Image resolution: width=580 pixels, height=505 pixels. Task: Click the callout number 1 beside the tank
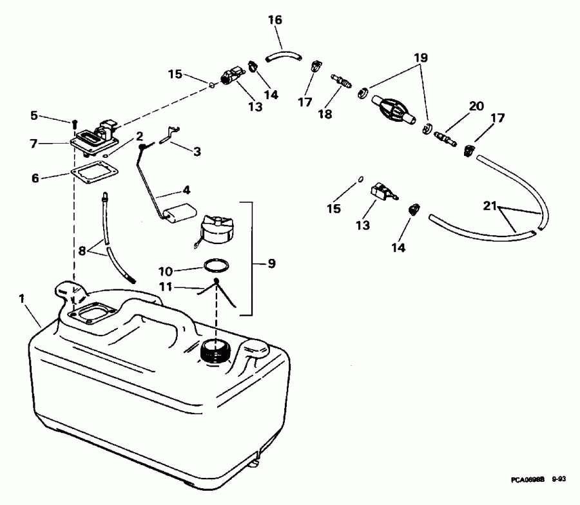coord(22,298)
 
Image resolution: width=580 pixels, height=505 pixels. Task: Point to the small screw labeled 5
coord(75,122)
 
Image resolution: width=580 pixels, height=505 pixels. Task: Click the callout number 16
coord(275,21)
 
